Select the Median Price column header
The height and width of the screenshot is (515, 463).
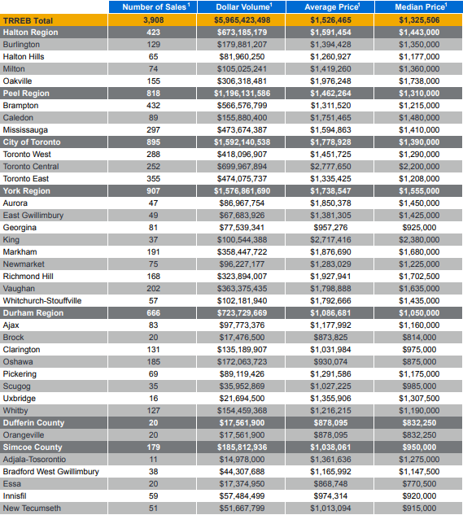(x=421, y=7)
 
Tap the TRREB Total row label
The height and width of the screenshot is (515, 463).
(x=28, y=20)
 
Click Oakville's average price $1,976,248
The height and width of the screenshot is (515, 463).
(x=330, y=81)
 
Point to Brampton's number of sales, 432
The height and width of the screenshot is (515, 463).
(x=154, y=106)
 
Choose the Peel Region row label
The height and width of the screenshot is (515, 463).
(x=26, y=94)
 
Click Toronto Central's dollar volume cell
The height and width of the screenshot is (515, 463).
(x=242, y=167)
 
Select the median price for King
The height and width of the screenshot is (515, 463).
(x=419, y=240)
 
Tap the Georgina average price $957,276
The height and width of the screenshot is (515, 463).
(x=330, y=228)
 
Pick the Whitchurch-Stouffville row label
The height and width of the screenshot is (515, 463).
(x=42, y=301)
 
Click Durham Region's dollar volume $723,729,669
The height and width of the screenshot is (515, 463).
(x=242, y=313)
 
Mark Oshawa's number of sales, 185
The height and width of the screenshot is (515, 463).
(x=154, y=361)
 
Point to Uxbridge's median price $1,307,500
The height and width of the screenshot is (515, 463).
(x=419, y=399)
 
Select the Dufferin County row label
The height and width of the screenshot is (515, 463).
(x=33, y=423)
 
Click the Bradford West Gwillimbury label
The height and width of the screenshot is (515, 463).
(x=51, y=472)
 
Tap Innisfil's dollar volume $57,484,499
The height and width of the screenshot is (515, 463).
(x=242, y=496)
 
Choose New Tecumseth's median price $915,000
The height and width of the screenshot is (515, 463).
(x=419, y=508)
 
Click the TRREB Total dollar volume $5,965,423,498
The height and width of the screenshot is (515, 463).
(x=242, y=20)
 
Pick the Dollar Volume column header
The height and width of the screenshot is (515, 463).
(x=244, y=7)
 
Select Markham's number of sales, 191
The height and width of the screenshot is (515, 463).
(x=154, y=252)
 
